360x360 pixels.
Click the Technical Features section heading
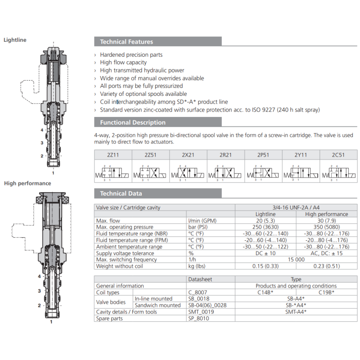pos(126,42)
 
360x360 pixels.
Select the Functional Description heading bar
pos(133,122)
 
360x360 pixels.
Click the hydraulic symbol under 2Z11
pos(113,173)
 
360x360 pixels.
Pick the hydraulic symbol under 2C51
pos(339,173)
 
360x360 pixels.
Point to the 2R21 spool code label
pos(225,155)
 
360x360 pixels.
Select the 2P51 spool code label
pos(263,155)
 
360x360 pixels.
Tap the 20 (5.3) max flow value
pos(265,221)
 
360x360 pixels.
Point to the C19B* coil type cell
pos(327,292)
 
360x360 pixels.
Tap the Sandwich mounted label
pos(157,306)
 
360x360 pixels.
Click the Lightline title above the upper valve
pos(15,40)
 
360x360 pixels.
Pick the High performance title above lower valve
pos(28,184)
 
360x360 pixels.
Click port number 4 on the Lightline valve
pos(42,130)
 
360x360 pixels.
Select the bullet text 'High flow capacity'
pos(123,63)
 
